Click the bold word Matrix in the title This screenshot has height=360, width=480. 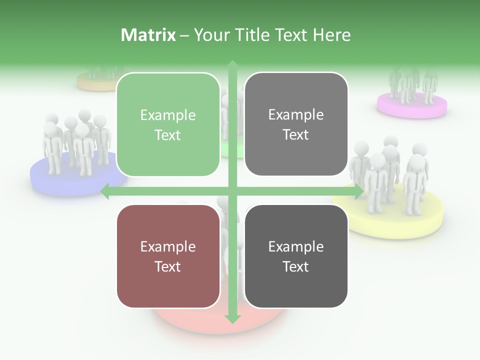coord(148,35)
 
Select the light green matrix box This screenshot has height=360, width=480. coord(168,124)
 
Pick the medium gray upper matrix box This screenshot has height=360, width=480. coord(296,124)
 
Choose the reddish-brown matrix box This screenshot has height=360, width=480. coord(168,256)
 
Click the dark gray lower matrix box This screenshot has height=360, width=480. coord(296,256)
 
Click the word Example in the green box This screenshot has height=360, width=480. coord(168,115)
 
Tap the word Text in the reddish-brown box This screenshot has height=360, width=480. coord(168,266)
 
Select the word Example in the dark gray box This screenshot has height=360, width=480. coord(296,246)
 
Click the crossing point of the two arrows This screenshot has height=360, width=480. coord(232,191)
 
